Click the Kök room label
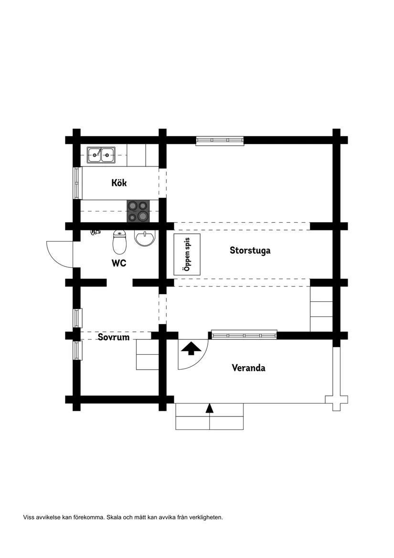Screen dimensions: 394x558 click(119, 183)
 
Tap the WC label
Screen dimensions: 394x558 click(119, 263)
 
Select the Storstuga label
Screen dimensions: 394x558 click(250, 250)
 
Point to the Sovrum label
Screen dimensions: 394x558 click(114, 337)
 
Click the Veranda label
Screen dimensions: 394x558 click(248, 368)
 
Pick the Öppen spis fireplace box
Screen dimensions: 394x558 click(187, 254)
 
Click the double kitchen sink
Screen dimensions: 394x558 click(101, 155)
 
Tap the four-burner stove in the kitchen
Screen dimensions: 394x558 click(138, 211)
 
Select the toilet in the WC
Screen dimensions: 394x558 click(119, 241)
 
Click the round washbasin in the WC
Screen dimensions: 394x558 click(145, 237)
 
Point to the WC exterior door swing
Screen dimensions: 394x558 click(59, 254)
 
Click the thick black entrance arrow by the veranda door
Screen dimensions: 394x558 click(191, 348)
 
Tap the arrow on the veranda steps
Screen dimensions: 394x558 click(210, 408)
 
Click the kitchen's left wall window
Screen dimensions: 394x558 click(77, 183)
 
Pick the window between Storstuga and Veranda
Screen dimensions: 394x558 click(245, 335)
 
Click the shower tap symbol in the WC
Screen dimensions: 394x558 click(95, 232)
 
